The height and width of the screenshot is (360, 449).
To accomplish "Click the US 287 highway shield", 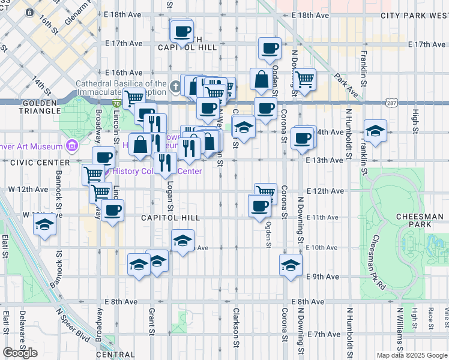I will point(391,104).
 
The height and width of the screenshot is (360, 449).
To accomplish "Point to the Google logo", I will point(20,353).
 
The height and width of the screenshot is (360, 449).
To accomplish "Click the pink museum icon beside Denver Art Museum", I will point(72,146).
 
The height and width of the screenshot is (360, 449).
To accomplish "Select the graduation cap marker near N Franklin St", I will point(375,130).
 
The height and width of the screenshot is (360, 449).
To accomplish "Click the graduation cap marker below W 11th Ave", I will point(44,225).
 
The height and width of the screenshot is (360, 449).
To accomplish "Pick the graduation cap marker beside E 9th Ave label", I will point(291,264).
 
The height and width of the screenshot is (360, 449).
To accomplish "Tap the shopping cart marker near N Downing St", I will point(305,78).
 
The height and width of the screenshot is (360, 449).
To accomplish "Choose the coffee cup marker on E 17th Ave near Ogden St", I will point(270,47).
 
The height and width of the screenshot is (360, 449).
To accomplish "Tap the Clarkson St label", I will point(237,322).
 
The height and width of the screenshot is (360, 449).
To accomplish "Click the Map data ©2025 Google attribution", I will point(412,355).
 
